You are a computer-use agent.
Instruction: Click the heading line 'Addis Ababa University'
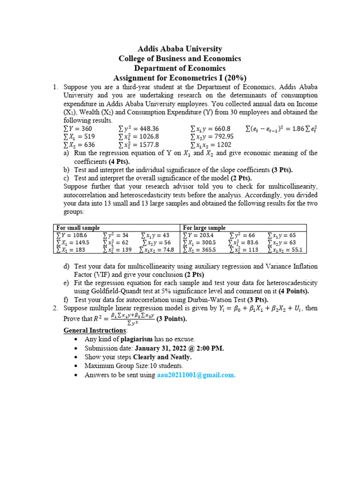click(180, 49)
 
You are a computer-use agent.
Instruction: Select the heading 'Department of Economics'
click(180, 68)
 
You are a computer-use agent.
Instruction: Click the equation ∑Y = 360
click(77, 128)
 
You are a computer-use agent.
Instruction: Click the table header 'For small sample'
click(78, 228)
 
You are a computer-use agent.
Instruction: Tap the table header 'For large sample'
click(204, 228)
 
